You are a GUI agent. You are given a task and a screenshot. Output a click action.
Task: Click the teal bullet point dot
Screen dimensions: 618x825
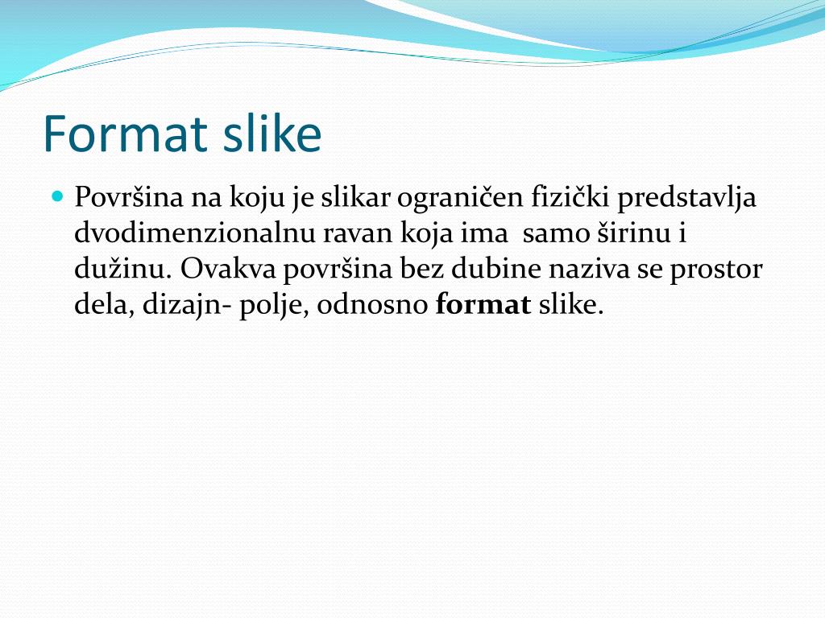(56, 196)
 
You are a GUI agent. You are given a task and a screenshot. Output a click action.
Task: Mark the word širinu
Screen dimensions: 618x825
(634, 233)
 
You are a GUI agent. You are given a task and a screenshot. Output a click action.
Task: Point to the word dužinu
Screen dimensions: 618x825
(120, 270)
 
